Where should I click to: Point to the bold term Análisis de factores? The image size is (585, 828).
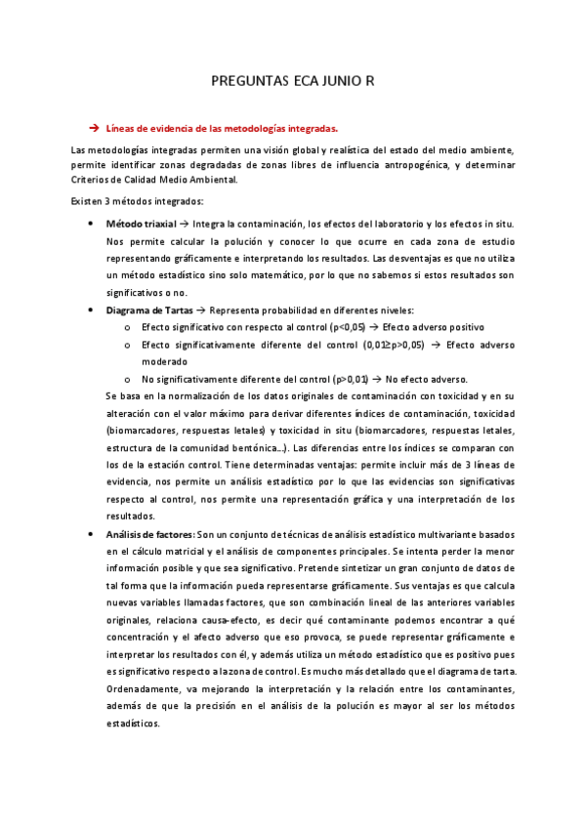(149, 534)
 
